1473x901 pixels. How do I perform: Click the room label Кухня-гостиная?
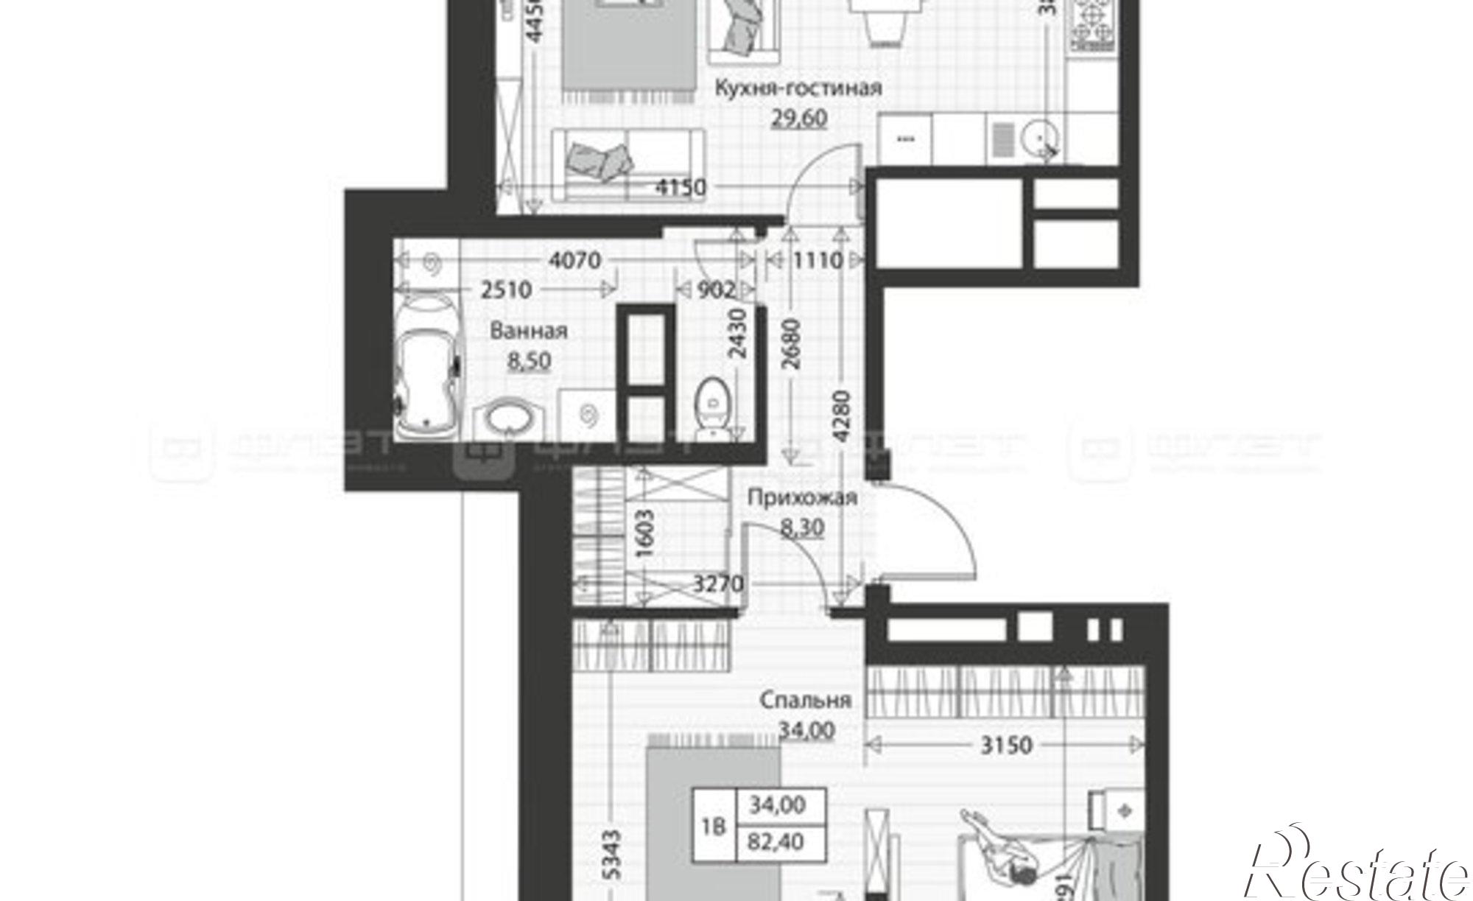(x=798, y=88)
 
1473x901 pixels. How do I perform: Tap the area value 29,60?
(x=799, y=118)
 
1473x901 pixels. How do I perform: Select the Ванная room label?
(x=529, y=331)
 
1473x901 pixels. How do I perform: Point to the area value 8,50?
(x=529, y=362)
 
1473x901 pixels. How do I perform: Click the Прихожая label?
(x=802, y=498)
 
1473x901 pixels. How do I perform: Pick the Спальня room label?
(x=805, y=700)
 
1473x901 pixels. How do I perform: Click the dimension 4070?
(x=575, y=260)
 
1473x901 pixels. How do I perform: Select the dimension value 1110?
(x=817, y=260)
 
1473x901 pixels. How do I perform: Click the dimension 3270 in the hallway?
(x=719, y=584)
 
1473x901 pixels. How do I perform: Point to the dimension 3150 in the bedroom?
(x=1006, y=746)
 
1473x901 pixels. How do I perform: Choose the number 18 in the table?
(x=713, y=826)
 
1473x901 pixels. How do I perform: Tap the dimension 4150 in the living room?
(x=680, y=187)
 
